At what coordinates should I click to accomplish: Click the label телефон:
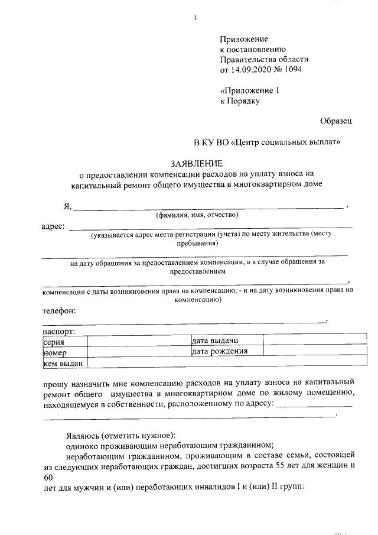point(60,310)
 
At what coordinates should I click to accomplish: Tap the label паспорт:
point(58,332)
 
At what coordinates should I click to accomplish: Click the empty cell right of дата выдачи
point(308,342)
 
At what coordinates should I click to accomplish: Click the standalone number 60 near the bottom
point(48,477)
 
